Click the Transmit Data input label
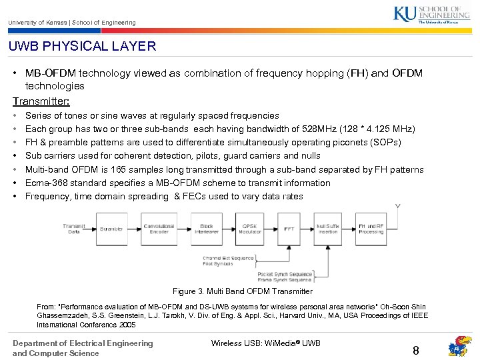click(x=74, y=228)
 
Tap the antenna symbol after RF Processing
click(x=398, y=208)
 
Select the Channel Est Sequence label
click(x=228, y=258)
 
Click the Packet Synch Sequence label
click(x=285, y=273)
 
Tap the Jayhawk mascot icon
click(x=459, y=347)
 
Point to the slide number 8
click(x=415, y=350)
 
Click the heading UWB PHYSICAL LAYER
click(x=82, y=47)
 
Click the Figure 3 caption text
click(x=242, y=291)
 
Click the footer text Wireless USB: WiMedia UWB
click(x=266, y=343)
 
